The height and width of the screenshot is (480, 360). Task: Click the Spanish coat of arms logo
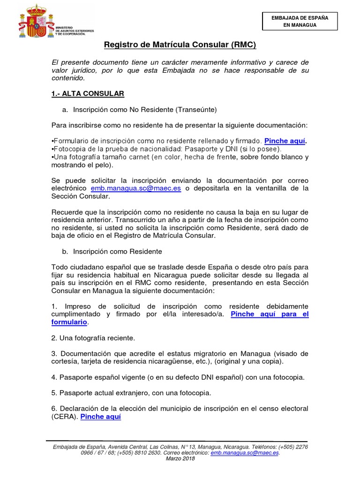[34, 22]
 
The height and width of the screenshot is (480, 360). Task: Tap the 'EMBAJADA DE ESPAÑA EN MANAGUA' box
[300, 21]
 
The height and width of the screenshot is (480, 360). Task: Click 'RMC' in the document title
[244, 45]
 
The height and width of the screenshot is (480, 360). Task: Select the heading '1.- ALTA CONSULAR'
[88, 94]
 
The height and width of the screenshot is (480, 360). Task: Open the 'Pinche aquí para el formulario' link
[270, 314]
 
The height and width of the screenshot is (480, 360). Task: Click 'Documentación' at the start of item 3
[81, 353]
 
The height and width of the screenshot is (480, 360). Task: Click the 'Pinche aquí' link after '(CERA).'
[101, 416]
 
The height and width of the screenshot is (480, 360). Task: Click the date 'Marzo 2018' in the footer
[180, 458]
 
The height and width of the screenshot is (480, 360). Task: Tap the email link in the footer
[245, 453]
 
